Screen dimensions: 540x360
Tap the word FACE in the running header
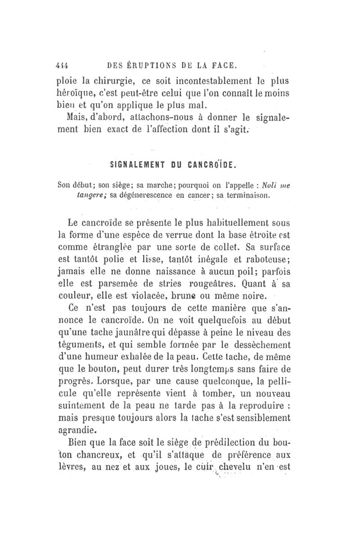tap(220, 66)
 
